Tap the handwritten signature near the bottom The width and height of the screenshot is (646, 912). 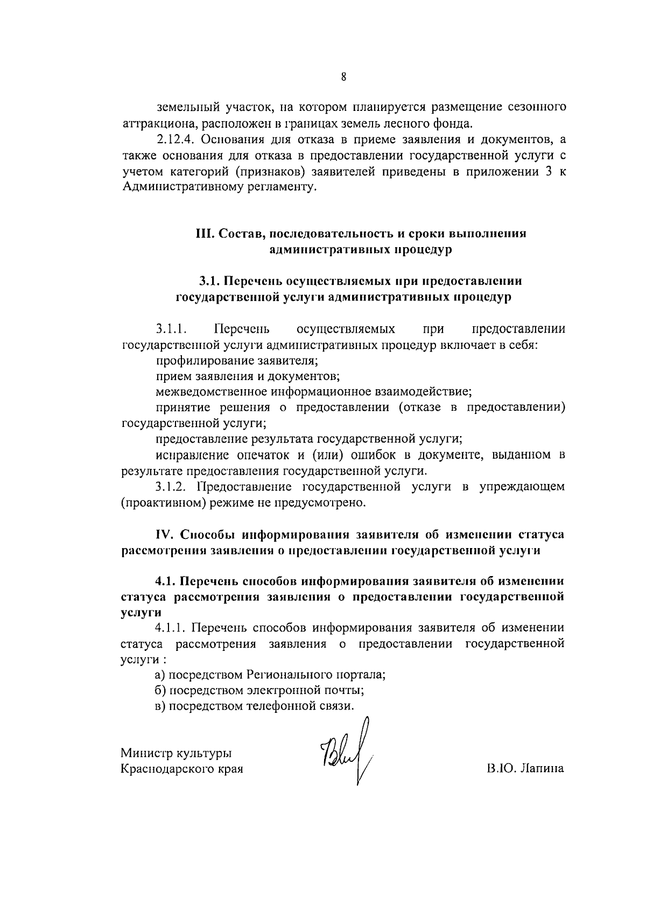[x=347, y=760]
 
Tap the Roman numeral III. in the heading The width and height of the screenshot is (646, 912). [x=205, y=234]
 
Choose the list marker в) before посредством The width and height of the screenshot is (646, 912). [x=160, y=706]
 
